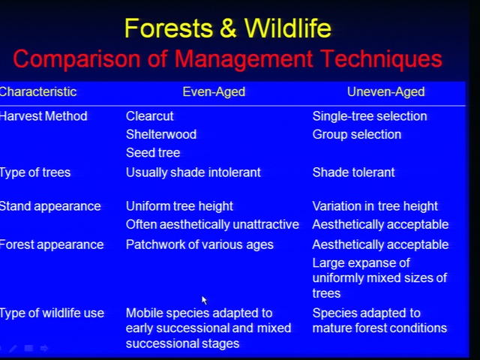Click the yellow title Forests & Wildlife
click(228, 28)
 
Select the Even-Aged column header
click(214, 91)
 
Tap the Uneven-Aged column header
click(385, 91)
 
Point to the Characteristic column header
click(38, 91)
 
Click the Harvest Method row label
click(43, 116)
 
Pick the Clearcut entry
click(150, 116)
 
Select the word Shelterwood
click(161, 134)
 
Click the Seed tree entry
click(153, 153)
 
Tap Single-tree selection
click(370, 116)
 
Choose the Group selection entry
click(357, 135)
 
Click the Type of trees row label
click(35, 172)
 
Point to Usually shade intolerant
click(193, 172)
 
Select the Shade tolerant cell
click(353, 172)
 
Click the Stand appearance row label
click(50, 207)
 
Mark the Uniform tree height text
click(179, 207)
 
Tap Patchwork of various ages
click(199, 245)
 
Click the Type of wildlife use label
click(52, 313)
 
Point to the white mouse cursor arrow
click(204, 300)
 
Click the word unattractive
click(265, 225)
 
